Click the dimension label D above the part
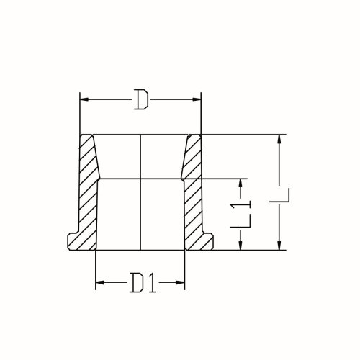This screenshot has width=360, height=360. (x=141, y=99)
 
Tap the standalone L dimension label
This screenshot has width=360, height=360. (x=287, y=193)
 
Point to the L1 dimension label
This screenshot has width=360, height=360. (x=246, y=215)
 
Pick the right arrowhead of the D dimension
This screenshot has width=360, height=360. (x=199, y=99)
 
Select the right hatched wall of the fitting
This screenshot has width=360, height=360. (x=193, y=194)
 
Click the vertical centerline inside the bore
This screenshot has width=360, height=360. (x=140, y=194)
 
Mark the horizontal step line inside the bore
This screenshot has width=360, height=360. (x=140, y=179)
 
